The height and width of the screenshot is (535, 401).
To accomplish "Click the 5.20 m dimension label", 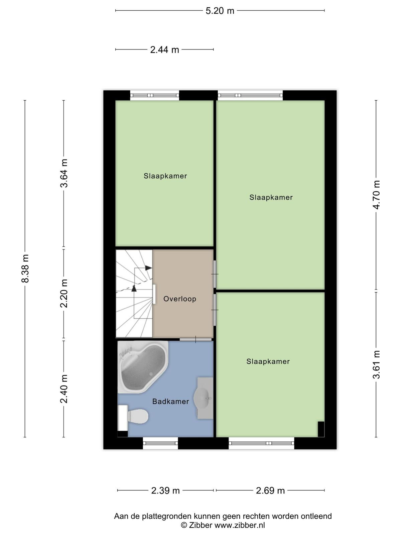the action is [220, 11].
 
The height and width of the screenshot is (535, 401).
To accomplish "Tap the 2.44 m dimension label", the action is [165, 50].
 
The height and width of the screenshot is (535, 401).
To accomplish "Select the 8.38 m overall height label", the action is [25, 269].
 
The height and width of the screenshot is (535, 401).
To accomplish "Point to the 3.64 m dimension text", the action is [64, 173].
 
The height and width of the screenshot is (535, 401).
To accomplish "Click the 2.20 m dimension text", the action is [64, 293].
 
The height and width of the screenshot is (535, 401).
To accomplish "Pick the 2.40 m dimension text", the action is [64, 389].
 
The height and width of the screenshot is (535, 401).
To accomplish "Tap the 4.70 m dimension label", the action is [376, 195].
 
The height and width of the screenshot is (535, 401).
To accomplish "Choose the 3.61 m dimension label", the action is [376, 364].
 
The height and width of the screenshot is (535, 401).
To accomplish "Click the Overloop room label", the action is [180, 299].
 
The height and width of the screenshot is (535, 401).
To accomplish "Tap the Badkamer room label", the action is [171, 402].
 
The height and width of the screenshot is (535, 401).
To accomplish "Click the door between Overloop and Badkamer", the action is [196, 339].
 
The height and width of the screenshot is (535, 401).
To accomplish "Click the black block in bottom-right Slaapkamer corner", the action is [321, 429].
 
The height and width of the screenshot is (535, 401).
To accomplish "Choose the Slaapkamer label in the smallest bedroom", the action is [165, 176].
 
